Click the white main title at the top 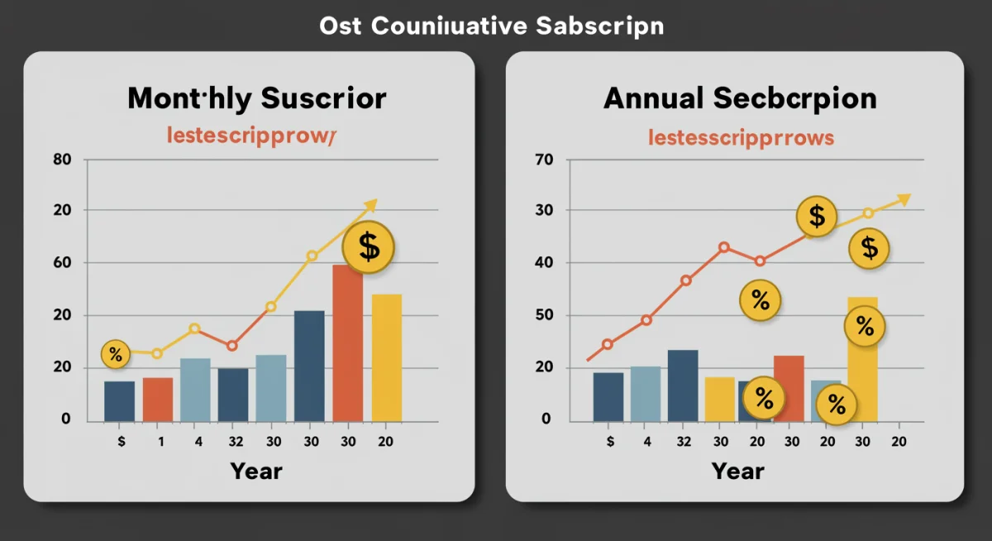pos(491,26)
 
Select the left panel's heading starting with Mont pos(256,98)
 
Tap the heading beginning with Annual pos(740,98)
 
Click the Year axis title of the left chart pos(256,472)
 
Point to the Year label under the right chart pos(737,472)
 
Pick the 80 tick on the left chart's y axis pos(62,159)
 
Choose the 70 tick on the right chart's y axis pos(542,159)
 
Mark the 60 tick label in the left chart pos(62,263)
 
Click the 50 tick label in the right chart pos(542,315)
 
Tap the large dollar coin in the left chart pos(369,247)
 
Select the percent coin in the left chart pos(115,356)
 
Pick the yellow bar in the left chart pos(386,357)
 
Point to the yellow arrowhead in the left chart pos(370,203)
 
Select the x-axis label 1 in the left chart pos(160,442)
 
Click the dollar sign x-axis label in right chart pos(610,442)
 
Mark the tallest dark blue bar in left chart pos(309,366)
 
